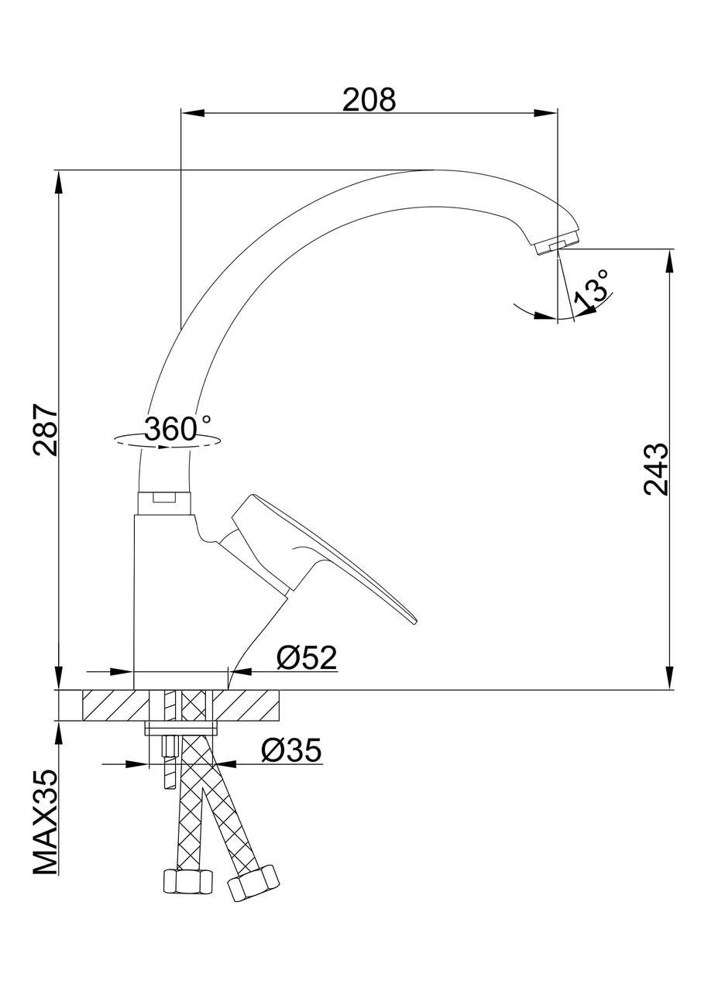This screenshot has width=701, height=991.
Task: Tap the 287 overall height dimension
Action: [45, 429]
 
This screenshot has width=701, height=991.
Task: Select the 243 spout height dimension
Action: [655, 469]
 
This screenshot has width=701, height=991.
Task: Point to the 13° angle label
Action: [591, 290]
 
